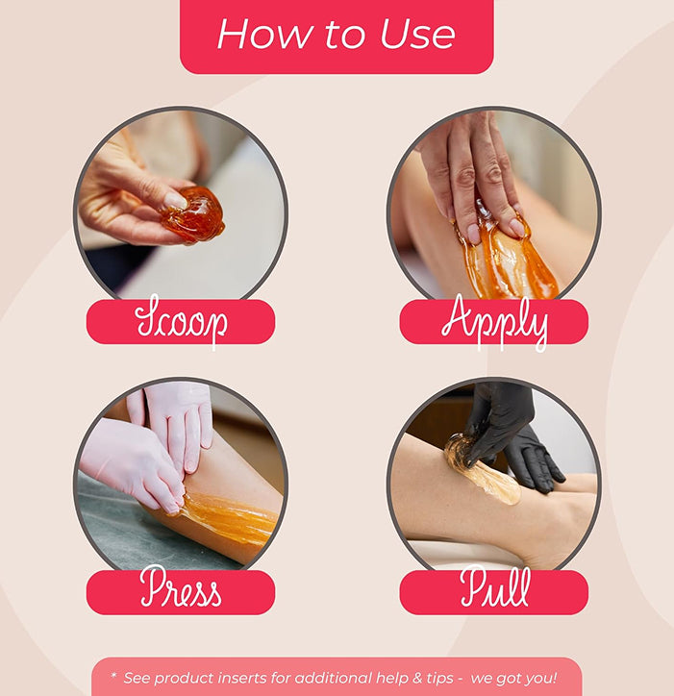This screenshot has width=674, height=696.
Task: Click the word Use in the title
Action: tap(418, 35)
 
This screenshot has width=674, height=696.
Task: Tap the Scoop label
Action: tap(181, 321)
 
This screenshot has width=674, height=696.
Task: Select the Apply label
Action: tap(494, 321)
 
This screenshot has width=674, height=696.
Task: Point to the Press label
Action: tap(181, 592)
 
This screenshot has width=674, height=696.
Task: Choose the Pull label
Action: tap(494, 592)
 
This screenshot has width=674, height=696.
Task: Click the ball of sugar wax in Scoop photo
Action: tap(193, 214)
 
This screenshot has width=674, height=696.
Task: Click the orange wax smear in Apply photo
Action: tap(506, 261)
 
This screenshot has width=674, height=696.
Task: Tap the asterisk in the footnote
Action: tap(113, 676)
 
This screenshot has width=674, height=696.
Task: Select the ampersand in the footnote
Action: tap(417, 678)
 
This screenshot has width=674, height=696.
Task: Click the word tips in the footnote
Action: tap(439, 679)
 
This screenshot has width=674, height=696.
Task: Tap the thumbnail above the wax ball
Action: tap(175, 200)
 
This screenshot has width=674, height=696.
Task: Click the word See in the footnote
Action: tap(137, 678)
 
